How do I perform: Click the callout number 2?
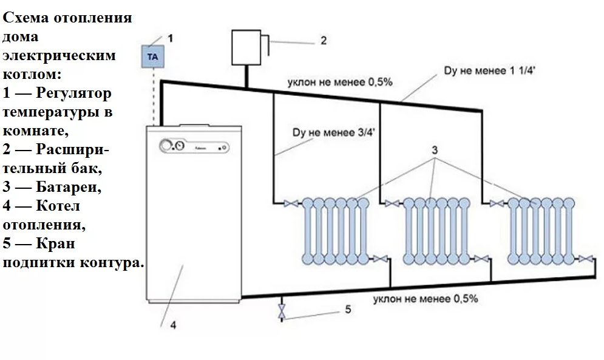point(324,41)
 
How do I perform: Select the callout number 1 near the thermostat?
point(171,38)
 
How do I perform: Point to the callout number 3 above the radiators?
point(435,149)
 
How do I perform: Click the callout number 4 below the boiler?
point(173,325)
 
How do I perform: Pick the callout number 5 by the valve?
point(348,310)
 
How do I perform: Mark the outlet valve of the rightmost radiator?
point(585,259)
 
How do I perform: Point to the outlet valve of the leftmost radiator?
point(380,259)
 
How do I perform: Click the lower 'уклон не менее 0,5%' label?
point(426,299)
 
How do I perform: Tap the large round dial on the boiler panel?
point(165,146)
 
